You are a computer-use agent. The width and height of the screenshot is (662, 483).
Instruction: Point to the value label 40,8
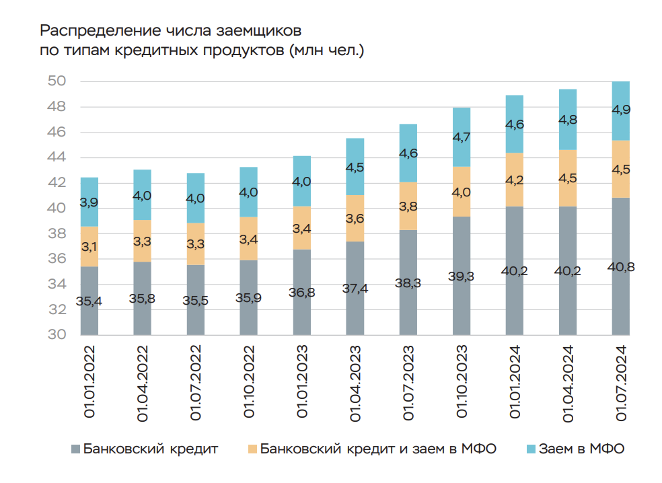click(x=620, y=267)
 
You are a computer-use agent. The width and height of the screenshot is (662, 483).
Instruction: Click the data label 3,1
click(x=89, y=247)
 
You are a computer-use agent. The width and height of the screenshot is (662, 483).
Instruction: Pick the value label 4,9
click(x=620, y=109)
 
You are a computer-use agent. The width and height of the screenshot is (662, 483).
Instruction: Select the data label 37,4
click(x=355, y=289)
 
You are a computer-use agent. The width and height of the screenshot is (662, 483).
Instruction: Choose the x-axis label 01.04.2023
click(x=355, y=383)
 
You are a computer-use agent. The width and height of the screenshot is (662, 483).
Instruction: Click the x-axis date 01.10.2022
click(x=249, y=383)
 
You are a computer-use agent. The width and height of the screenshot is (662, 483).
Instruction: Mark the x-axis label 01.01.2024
click(x=515, y=383)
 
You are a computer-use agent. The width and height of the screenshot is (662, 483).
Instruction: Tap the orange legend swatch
click(x=252, y=449)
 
